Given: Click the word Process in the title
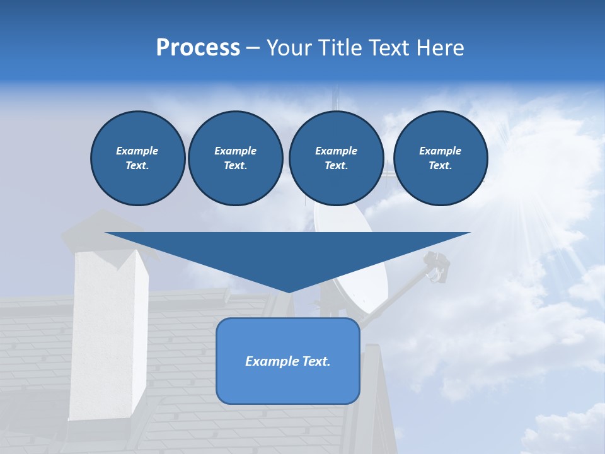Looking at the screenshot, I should coord(198,48).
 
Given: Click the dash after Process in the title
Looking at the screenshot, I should coord(253,49).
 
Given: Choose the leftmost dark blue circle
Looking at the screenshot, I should coord(137,158).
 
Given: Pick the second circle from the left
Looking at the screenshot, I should coord(235,158).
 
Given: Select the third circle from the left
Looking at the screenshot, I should coord(336,158).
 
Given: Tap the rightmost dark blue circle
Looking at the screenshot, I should coord(440,158).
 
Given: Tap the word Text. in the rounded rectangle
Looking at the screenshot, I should coord(316,361).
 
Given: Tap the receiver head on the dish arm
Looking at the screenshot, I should coord(436,265).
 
